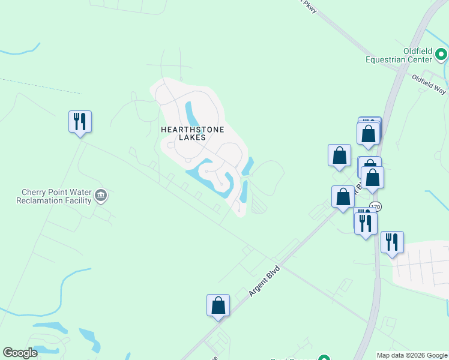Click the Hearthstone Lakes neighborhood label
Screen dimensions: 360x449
coord(192,133)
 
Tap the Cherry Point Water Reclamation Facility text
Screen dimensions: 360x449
coord(56,196)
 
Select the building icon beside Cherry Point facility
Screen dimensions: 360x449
coord(101,195)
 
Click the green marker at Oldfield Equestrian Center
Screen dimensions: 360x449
coord(441,55)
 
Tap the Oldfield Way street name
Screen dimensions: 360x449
coord(429,84)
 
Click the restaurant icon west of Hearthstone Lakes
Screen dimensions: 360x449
coord(80,122)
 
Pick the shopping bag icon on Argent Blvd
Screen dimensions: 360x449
coord(218,305)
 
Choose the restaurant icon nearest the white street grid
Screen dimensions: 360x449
coord(392,242)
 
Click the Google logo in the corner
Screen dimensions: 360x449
coord(20,353)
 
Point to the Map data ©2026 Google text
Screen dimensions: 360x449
coord(412,355)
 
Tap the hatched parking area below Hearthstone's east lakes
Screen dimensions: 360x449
coord(258,206)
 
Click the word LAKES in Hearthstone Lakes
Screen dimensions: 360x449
coord(192,137)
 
